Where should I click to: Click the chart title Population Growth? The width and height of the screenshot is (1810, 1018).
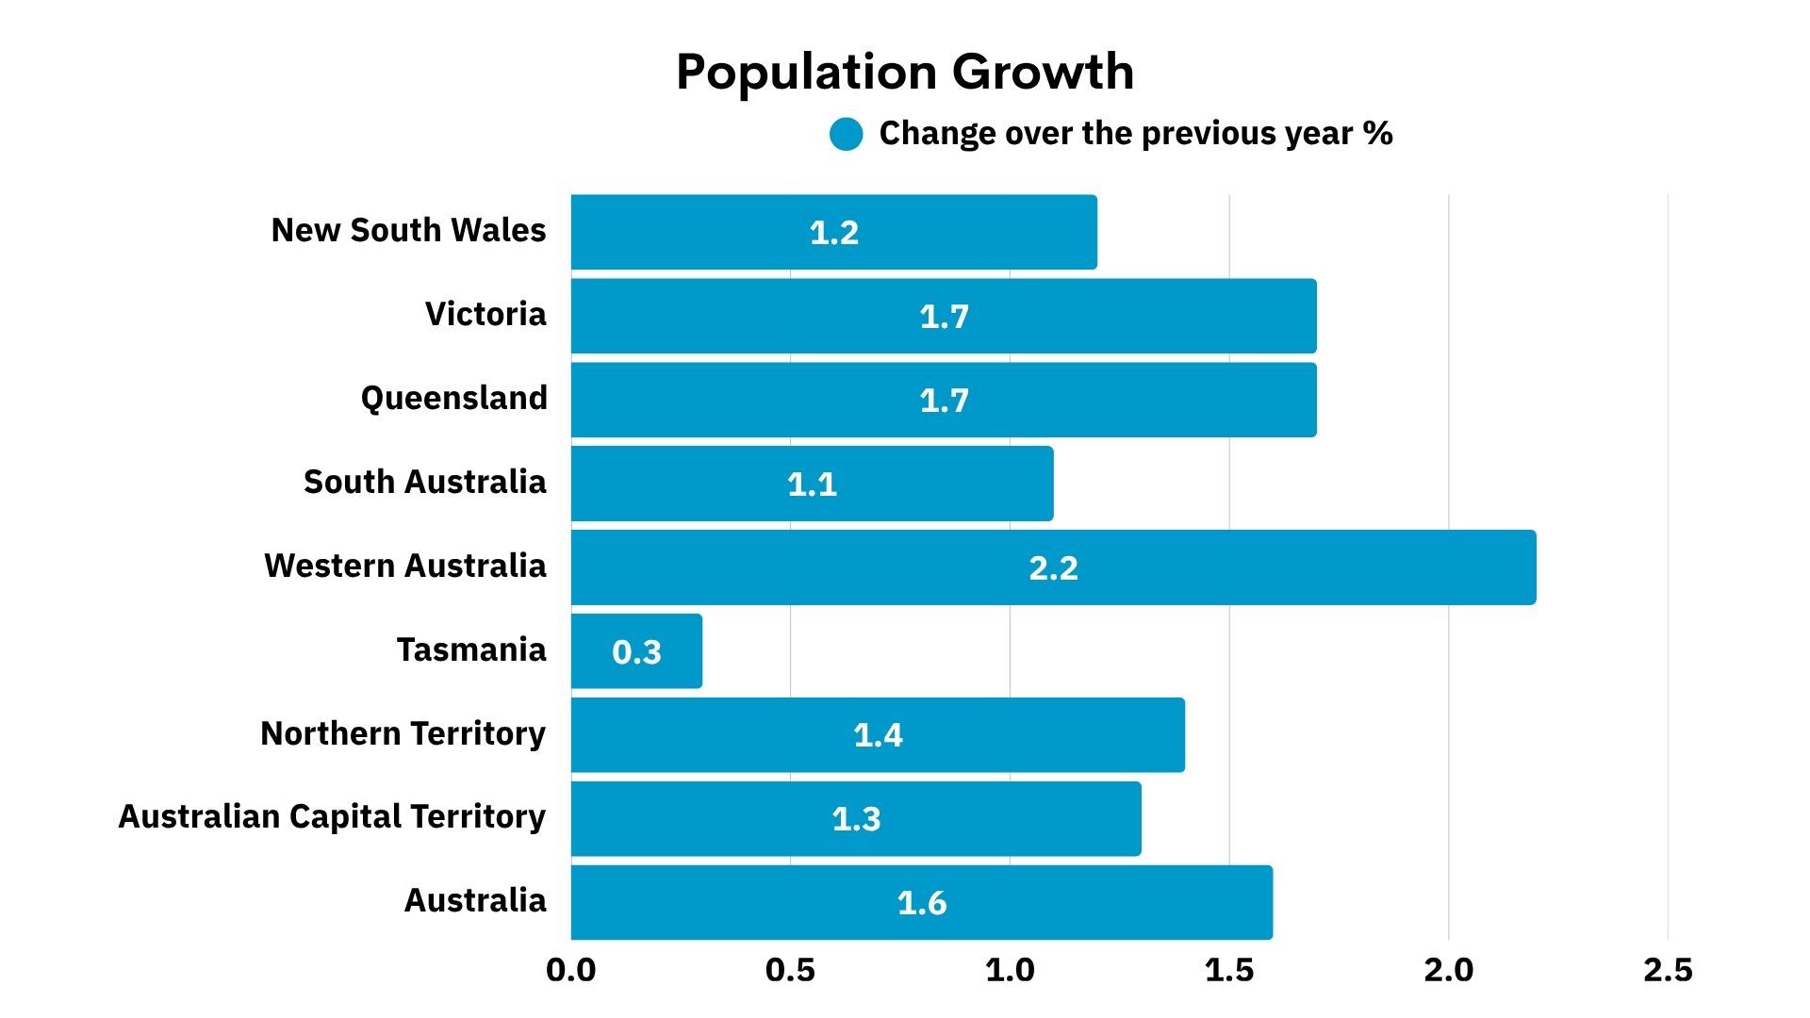(905, 72)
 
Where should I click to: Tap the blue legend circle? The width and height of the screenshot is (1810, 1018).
(846, 135)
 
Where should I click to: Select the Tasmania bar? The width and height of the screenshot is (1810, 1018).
(636, 651)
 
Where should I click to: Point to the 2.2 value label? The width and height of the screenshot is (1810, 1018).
(1053, 568)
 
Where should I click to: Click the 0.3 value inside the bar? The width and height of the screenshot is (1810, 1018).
(636, 652)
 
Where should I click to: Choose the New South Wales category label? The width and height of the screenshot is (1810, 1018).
(408, 230)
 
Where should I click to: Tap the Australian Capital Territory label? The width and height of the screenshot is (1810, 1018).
(332, 816)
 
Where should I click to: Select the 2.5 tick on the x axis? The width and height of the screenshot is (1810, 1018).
(1668, 970)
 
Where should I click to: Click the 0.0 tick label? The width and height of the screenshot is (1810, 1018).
(571, 970)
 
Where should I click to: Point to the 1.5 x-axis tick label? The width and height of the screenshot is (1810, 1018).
(1229, 970)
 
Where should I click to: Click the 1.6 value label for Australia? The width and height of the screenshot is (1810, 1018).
(921, 903)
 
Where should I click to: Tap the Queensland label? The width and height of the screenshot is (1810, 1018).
(453, 398)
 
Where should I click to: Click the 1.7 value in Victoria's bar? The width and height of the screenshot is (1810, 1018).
(944, 317)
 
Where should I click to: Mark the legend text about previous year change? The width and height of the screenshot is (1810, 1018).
(1135, 134)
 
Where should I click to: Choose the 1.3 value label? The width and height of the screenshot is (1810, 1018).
(856, 819)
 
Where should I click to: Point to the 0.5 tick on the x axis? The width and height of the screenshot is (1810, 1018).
(790, 970)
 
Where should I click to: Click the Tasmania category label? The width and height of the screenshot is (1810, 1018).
(470, 649)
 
